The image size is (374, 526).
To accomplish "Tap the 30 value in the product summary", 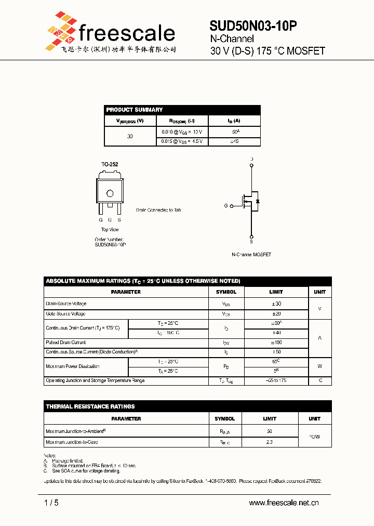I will pos(130,136).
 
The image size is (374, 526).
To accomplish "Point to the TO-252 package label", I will pos(110,164).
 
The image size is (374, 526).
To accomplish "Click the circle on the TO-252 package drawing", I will pos(110,193).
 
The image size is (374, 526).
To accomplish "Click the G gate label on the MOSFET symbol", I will pos(226,206).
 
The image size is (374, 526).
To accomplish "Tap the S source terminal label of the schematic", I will pos(251,242).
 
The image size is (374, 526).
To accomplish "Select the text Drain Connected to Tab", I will pos(158,210).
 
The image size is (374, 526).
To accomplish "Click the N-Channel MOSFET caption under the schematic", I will pos(251,255).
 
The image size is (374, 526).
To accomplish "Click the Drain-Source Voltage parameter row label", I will pos(66,304).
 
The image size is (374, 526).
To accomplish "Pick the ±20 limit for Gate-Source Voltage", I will pos(276,314).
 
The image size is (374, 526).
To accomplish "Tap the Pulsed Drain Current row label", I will pos(66,343).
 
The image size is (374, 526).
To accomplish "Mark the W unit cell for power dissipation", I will pos(319,366).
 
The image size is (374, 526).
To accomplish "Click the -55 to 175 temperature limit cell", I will pos(276,381).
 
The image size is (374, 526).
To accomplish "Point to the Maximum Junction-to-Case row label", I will pos(72,442).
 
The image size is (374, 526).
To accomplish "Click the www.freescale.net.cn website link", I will pos(284,503).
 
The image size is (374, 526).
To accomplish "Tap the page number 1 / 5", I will pos(52,503).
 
